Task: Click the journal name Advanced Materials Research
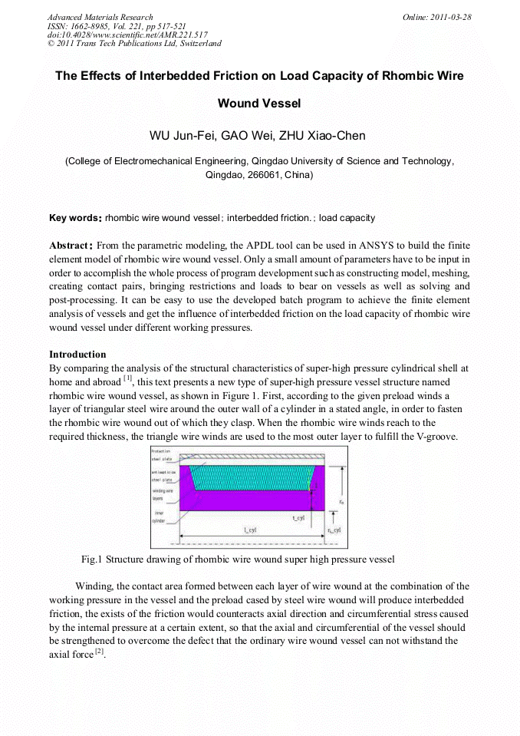(100, 17)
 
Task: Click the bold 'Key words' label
(75, 218)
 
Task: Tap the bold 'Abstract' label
(71, 246)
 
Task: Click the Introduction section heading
(77, 355)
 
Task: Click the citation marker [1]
(127, 379)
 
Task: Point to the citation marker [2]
(99, 651)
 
